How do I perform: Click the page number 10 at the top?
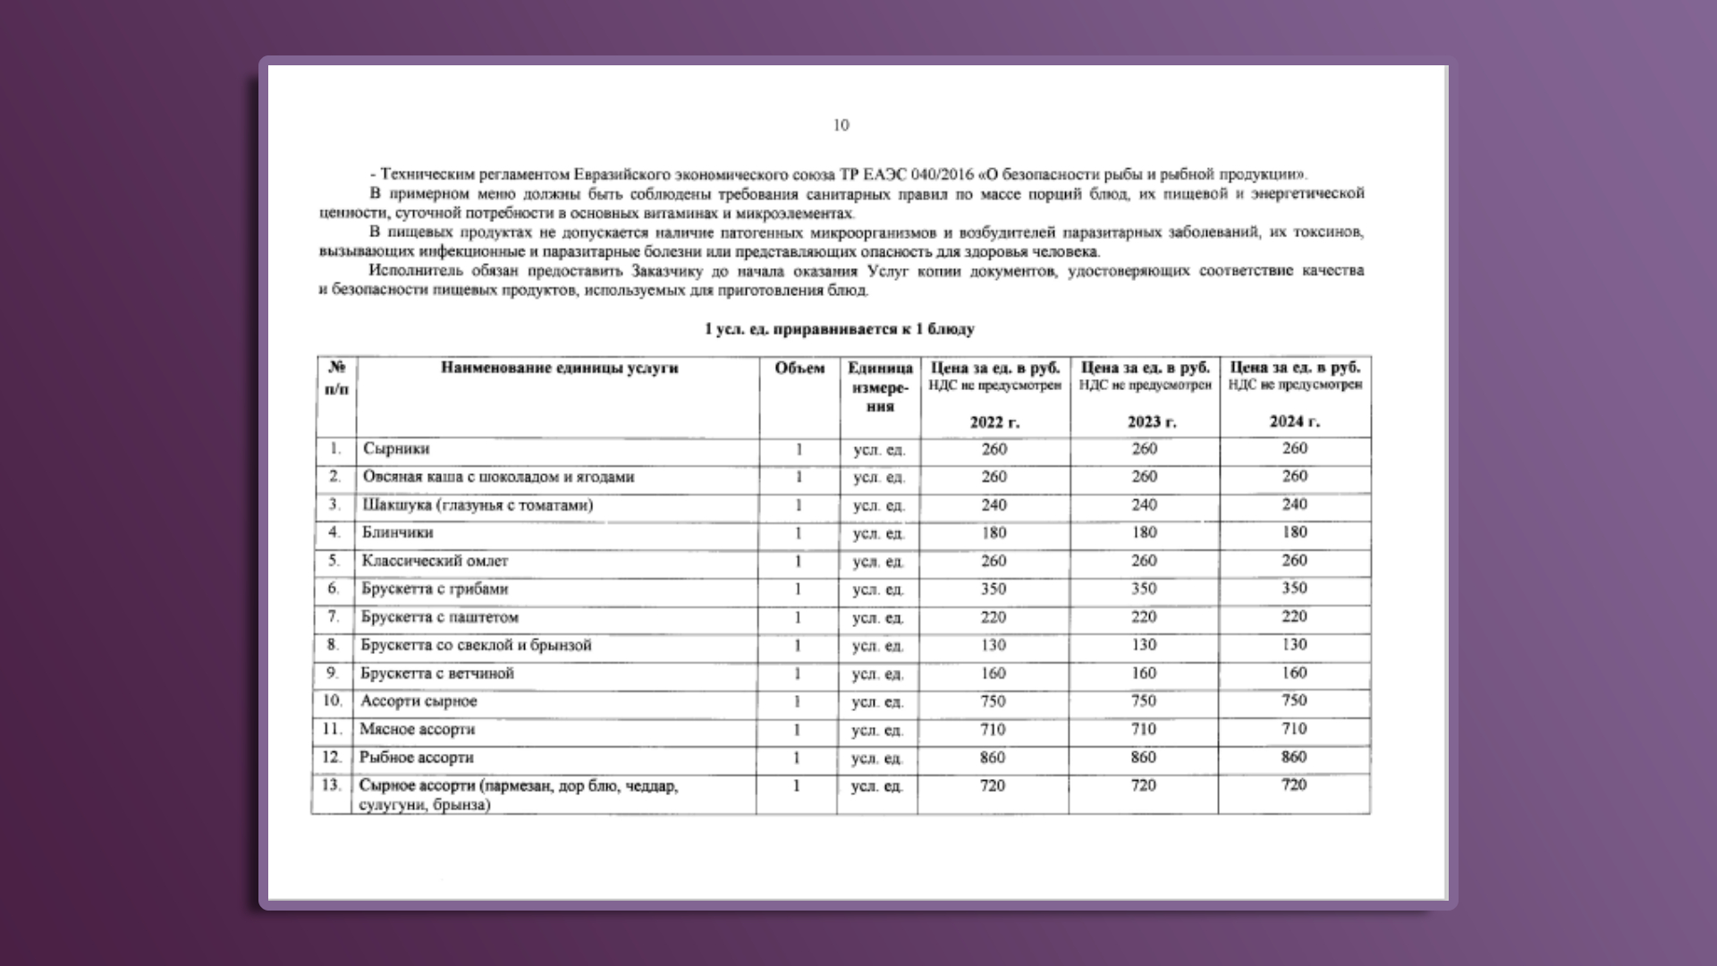point(841,125)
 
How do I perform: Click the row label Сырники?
point(396,449)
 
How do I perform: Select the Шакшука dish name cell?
point(478,505)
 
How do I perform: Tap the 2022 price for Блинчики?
point(994,533)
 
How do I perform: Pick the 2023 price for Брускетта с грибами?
point(1144,589)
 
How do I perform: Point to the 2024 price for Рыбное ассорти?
point(1294,757)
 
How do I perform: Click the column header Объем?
point(799,369)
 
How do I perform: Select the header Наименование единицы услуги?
point(559,368)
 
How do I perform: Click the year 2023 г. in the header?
point(1151,421)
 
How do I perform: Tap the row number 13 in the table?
point(332,785)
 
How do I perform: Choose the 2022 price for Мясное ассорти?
point(993,730)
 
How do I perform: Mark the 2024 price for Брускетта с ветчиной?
point(1294,673)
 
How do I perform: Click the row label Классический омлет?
point(435,561)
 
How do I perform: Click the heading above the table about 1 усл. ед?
point(839,329)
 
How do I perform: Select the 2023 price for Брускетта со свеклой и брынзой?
point(1144,645)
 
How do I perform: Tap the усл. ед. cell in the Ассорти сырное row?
point(877,702)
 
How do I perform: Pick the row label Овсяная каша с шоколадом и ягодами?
point(498,477)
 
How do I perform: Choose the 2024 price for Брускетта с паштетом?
point(1294,616)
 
